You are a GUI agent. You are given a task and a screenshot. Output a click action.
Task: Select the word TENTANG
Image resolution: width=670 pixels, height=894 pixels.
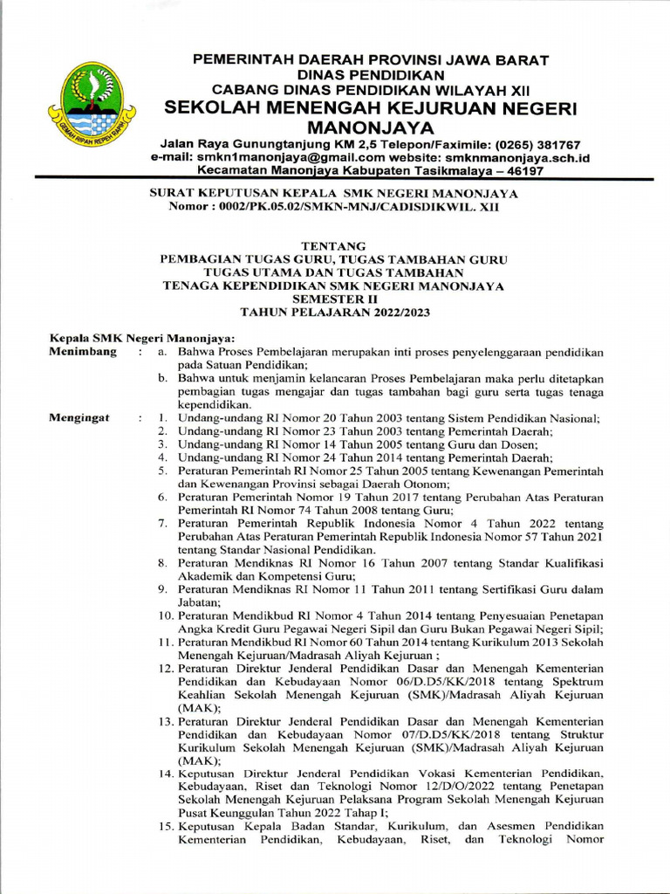coord(334,247)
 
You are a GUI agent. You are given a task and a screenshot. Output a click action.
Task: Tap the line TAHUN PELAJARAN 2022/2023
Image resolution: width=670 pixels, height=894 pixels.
coord(334,312)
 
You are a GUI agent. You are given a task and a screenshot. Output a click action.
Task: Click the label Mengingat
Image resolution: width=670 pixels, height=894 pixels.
coord(79,418)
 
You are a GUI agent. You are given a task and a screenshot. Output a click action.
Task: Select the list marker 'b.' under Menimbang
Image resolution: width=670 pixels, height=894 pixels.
coord(163,378)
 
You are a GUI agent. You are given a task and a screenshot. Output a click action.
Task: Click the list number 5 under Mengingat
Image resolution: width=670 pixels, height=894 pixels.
coord(162,471)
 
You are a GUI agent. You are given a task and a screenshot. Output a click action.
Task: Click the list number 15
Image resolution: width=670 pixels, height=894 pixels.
coord(166,827)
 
